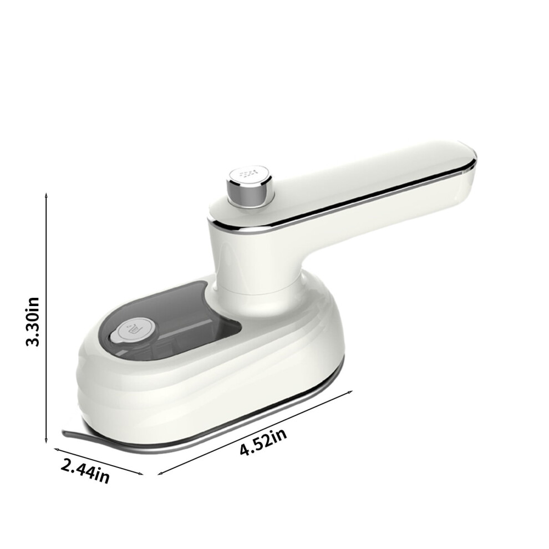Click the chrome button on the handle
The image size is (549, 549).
(x=250, y=186)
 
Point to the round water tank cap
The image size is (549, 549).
(x=133, y=330)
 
